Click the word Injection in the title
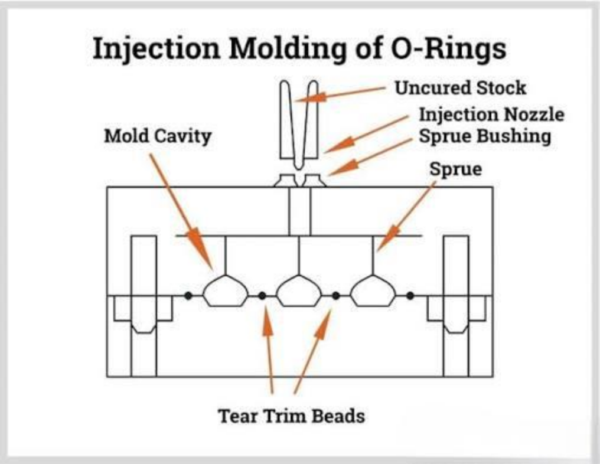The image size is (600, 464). [156, 48]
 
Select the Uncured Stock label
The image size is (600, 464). [460, 88]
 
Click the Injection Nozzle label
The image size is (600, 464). [492, 115]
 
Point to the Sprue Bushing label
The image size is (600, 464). [485, 136]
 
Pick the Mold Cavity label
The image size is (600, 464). [158, 136]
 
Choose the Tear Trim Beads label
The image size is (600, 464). [291, 416]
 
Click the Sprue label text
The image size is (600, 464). [455, 169]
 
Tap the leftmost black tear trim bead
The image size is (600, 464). [188, 296]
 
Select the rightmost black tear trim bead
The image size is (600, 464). [410, 296]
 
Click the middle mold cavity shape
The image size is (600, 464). [299, 290]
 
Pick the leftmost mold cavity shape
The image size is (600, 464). [225, 290]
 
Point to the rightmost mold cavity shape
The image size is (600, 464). [373, 290]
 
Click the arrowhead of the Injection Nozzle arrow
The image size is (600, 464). [338, 145]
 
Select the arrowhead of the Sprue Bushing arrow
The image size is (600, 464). [343, 168]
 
